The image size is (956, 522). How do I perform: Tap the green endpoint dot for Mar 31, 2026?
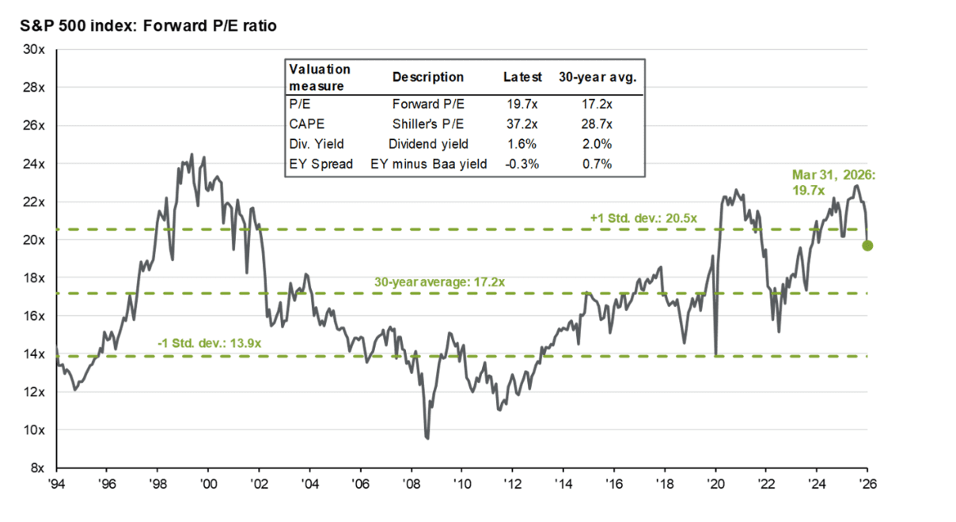click(867, 245)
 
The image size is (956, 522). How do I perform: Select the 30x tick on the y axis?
click(36, 49)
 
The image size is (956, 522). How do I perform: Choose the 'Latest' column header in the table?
click(523, 78)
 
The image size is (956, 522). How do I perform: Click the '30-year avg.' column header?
click(597, 78)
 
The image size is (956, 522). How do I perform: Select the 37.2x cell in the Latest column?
click(523, 124)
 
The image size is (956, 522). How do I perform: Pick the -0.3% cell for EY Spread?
click(522, 165)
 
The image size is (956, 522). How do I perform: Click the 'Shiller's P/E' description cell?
click(428, 124)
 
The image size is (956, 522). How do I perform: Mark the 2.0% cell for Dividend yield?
click(597, 144)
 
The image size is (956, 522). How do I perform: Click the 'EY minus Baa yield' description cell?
click(428, 165)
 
